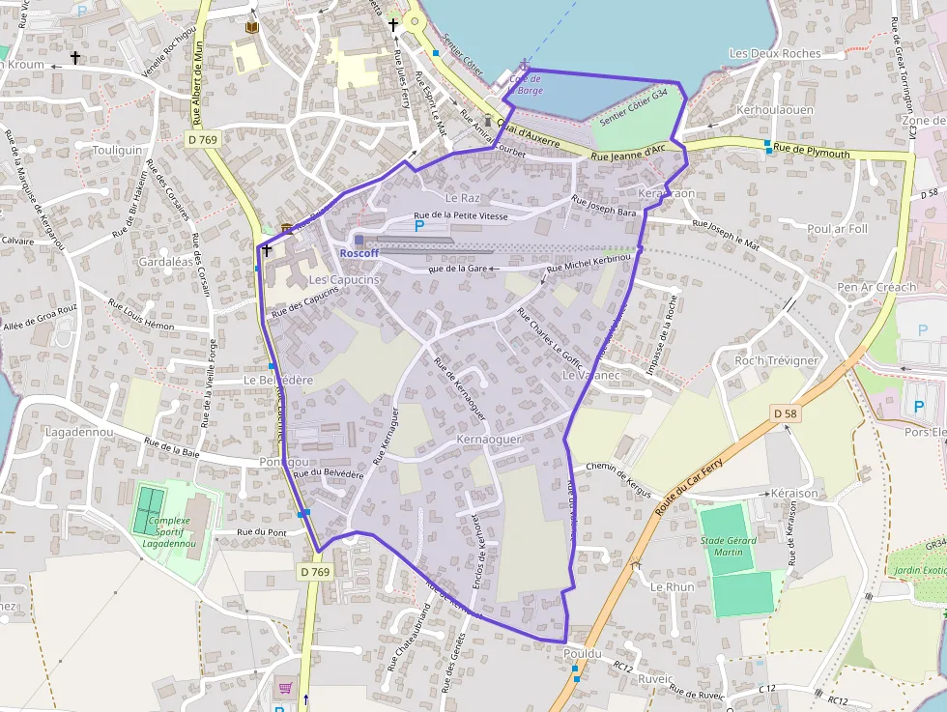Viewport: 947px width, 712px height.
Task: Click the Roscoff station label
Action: (359, 253)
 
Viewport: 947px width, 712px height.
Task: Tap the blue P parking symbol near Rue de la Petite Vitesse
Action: (419, 226)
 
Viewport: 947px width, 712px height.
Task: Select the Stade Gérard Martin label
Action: (730, 546)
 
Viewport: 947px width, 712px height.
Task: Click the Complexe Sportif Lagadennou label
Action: (169, 531)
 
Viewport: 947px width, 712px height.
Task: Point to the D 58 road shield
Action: (786, 413)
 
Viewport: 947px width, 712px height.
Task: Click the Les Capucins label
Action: (343, 279)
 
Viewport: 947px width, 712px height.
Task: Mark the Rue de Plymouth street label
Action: (812, 153)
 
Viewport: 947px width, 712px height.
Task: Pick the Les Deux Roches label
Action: (775, 54)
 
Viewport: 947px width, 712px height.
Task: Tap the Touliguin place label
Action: (118, 151)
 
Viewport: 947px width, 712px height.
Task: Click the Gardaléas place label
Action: (164, 262)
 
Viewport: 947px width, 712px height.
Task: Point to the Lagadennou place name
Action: (79, 432)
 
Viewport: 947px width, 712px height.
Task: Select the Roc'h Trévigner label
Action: (777, 360)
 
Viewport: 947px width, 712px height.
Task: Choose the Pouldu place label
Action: (582, 654)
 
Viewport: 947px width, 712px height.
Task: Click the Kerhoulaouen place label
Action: (774, 110)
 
